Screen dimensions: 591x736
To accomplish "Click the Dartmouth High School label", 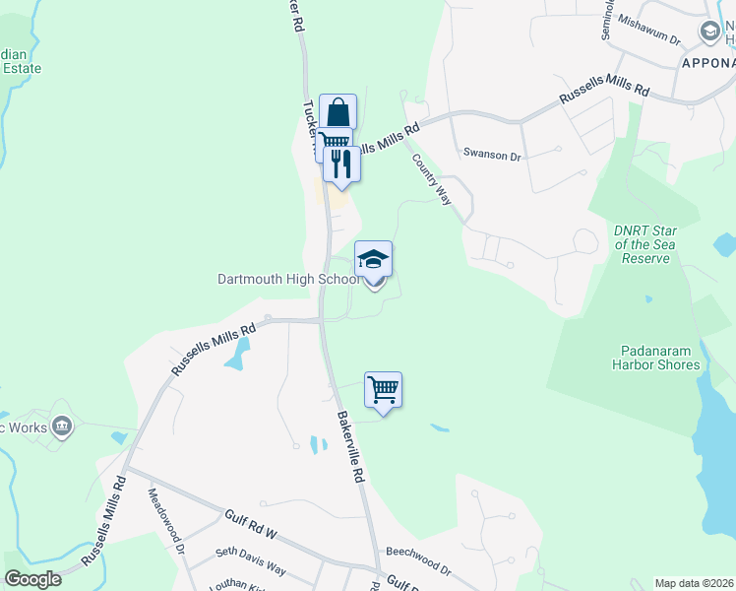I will tap(288, 279).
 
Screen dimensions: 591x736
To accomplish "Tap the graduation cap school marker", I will tap(373, 260).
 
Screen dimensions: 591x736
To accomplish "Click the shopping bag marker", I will tap(337, 112).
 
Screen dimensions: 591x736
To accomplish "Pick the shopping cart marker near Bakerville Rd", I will tap(383, 389).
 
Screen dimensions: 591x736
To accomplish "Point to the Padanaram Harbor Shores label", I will tap(660, 357).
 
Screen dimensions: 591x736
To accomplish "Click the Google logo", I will tap(32, 579).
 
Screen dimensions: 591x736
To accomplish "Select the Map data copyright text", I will tap(694, 583).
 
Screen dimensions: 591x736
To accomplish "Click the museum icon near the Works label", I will tap(63, 427).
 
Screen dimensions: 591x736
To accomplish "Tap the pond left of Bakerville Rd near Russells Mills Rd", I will tap(235, 356).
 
